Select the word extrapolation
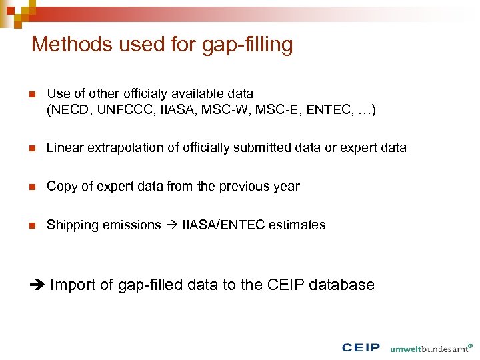117,148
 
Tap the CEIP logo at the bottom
361,347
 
